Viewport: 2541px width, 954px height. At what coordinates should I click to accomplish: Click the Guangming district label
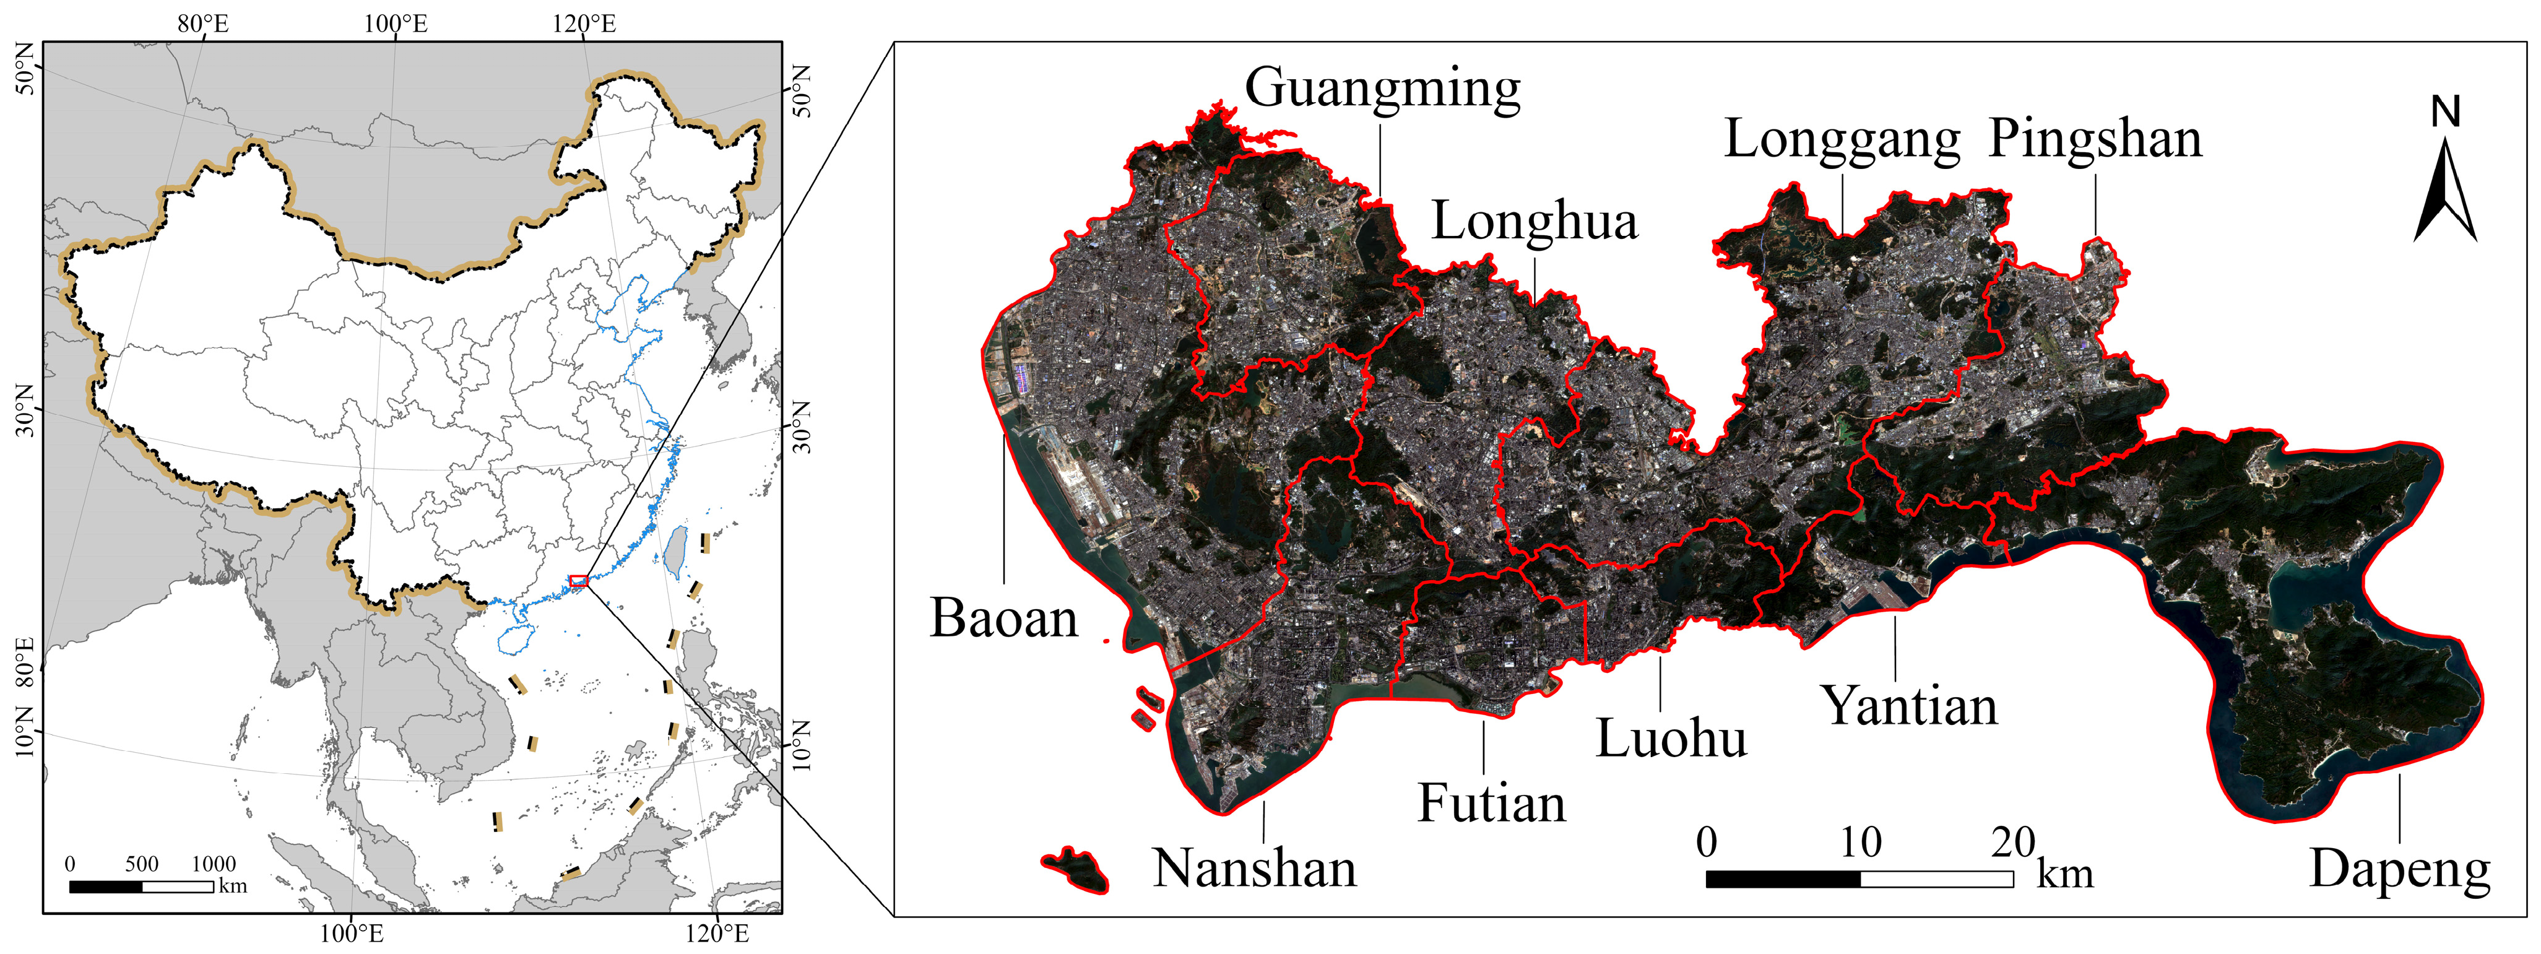click(x=1382, y=89)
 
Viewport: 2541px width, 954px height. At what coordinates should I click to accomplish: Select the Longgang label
click(x=1842, y=139)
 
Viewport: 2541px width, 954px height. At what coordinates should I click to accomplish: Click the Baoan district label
click(x=1003, y=618)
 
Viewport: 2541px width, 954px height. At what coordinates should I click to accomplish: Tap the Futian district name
click(x=1491, y=803)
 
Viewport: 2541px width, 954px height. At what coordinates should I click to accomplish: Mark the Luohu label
click(x=1671, y=738)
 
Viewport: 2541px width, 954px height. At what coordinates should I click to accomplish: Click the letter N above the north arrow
click(x=2445, y=113)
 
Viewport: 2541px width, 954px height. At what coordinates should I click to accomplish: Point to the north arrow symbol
click(x=2445, y=193)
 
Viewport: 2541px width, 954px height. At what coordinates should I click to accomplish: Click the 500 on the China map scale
click(x=142, y=864)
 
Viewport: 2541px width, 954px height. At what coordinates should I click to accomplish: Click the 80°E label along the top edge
click(x=203, y=24)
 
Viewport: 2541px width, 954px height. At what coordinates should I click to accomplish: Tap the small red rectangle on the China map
click(x=579, y=581)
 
